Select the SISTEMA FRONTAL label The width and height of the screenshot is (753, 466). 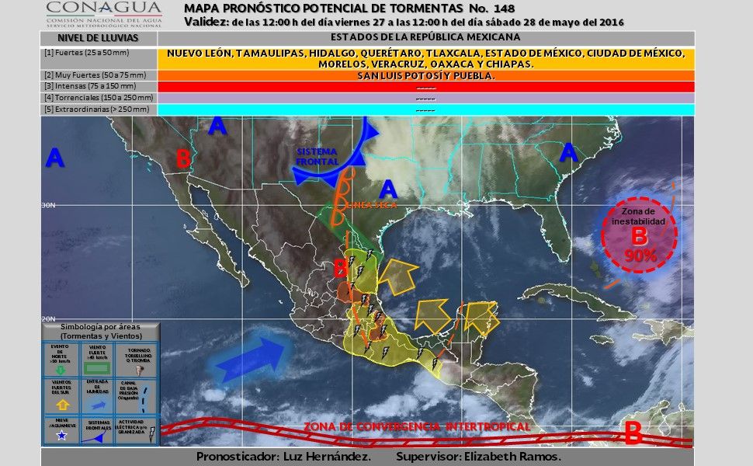point(317,156)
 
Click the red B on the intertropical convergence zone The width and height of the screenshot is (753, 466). point(633,432)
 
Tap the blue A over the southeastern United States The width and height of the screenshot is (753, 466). point(569,152)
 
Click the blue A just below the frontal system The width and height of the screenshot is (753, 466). point(388,188)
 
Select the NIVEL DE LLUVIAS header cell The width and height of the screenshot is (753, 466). point(98,37)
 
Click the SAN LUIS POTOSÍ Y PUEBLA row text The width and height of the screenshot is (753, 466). point(425,76)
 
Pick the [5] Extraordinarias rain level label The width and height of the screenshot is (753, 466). point(99,110)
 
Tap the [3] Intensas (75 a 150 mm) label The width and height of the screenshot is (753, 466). point(99,87)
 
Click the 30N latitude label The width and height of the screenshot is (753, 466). point(48,205)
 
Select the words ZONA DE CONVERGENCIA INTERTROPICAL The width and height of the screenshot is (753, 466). point(417,426)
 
